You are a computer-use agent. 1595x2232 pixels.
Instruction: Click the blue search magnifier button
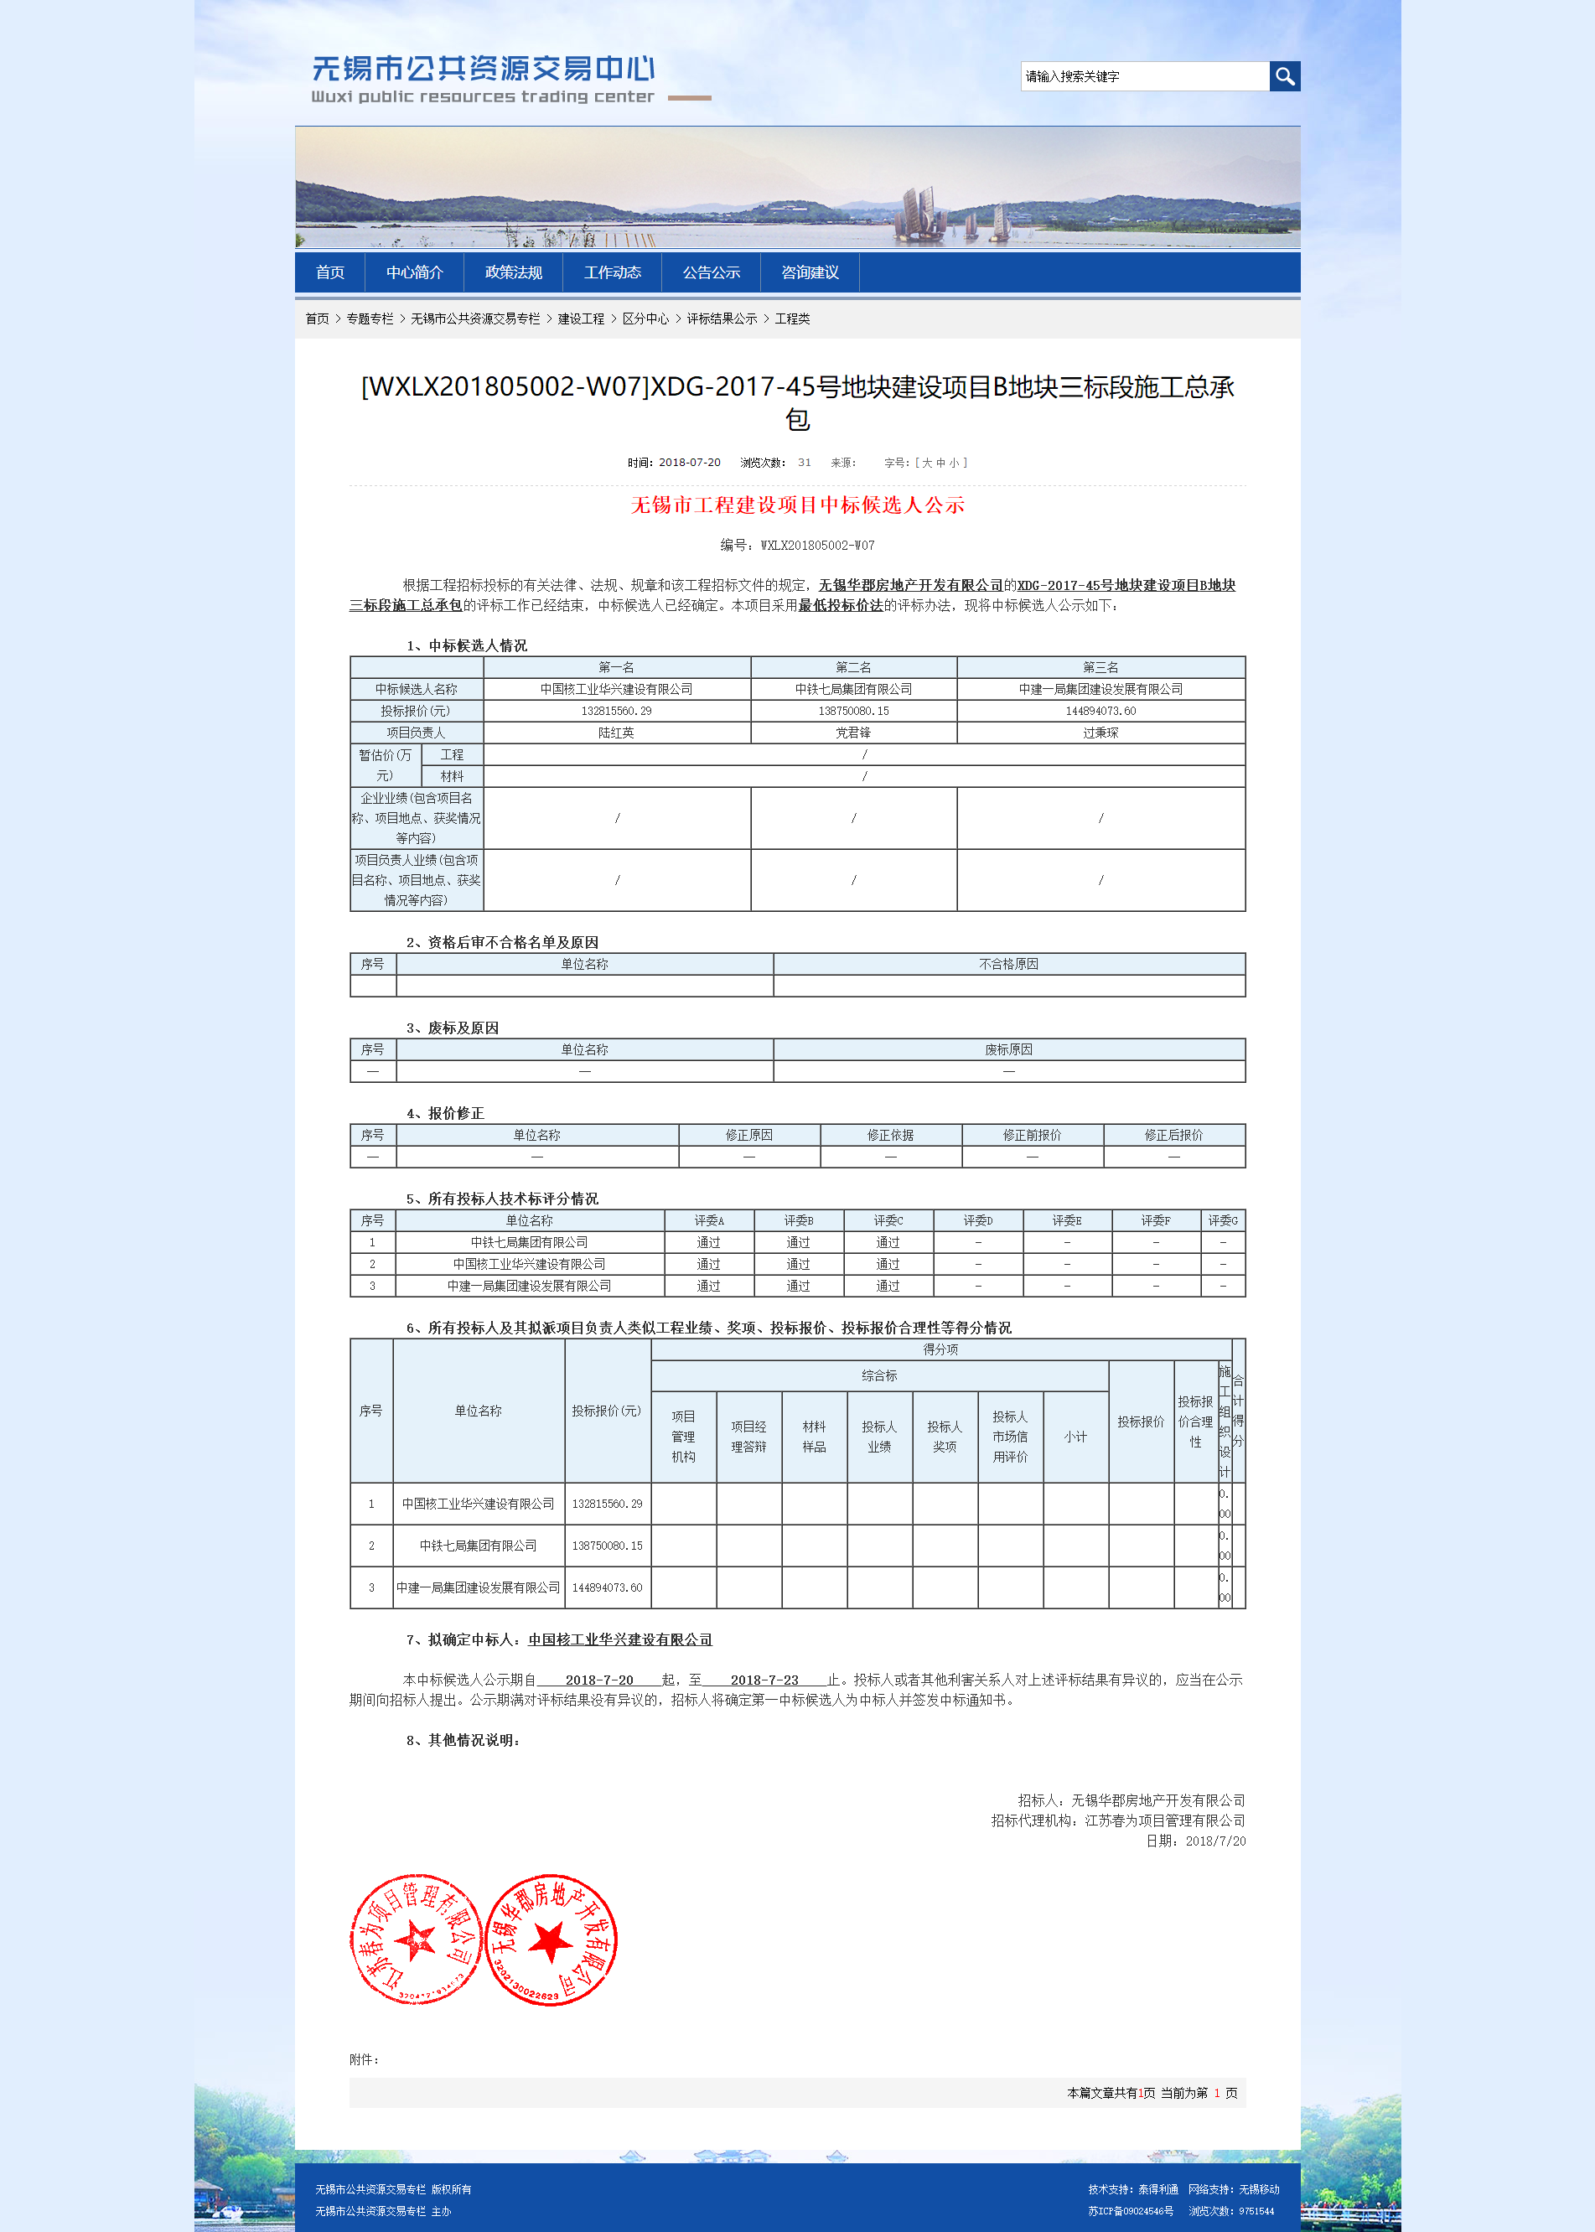(x=1284, y=76)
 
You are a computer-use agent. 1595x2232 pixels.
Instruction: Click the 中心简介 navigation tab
(x=413, y=273)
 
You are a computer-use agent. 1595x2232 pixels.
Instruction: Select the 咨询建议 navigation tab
(x=810, y=273)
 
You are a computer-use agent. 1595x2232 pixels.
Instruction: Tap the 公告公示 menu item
(x=711, y=273)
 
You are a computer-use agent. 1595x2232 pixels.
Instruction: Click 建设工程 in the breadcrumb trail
(x=581, y=319)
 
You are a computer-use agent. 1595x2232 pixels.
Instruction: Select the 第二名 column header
(x=852, y=668)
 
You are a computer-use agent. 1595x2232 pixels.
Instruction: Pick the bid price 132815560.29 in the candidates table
(x=616, y=711)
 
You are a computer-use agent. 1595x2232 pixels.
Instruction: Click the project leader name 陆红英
(x=616, y=733)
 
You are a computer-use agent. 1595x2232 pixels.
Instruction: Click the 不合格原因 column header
(x=1008, y=964)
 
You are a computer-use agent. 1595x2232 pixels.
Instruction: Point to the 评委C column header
(x=888, y=1220)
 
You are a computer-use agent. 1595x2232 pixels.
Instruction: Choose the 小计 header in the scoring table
(x=1075, y=1437)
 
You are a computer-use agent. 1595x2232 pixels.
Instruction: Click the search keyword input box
(x=1143, y=76)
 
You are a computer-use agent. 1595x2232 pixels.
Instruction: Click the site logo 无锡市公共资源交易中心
(x=484, y=69)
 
